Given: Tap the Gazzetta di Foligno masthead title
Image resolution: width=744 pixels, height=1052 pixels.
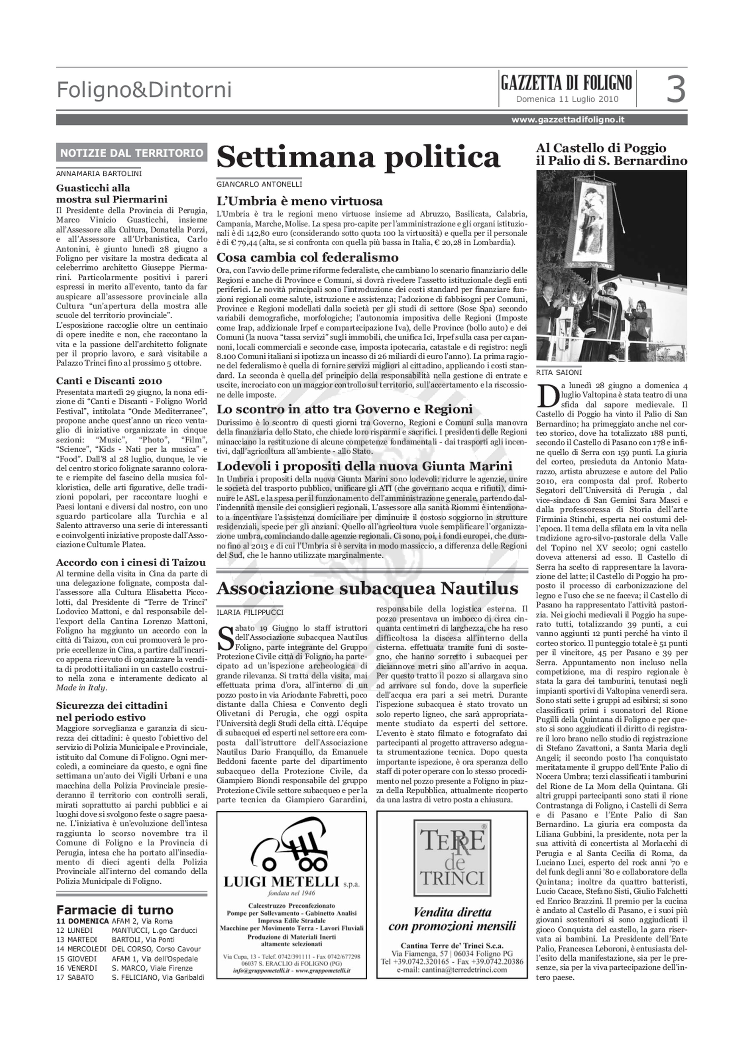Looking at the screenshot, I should (x=566, y=83).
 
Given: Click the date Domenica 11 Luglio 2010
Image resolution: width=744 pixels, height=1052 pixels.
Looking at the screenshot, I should (x=567, y=99).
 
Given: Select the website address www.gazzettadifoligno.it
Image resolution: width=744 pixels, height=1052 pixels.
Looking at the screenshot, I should (x=568, y=120).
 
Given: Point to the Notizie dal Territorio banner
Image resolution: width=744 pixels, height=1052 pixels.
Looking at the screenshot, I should (x=132, y=153).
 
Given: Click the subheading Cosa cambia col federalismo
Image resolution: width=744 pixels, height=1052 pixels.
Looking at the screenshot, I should (x=307, y=257).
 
